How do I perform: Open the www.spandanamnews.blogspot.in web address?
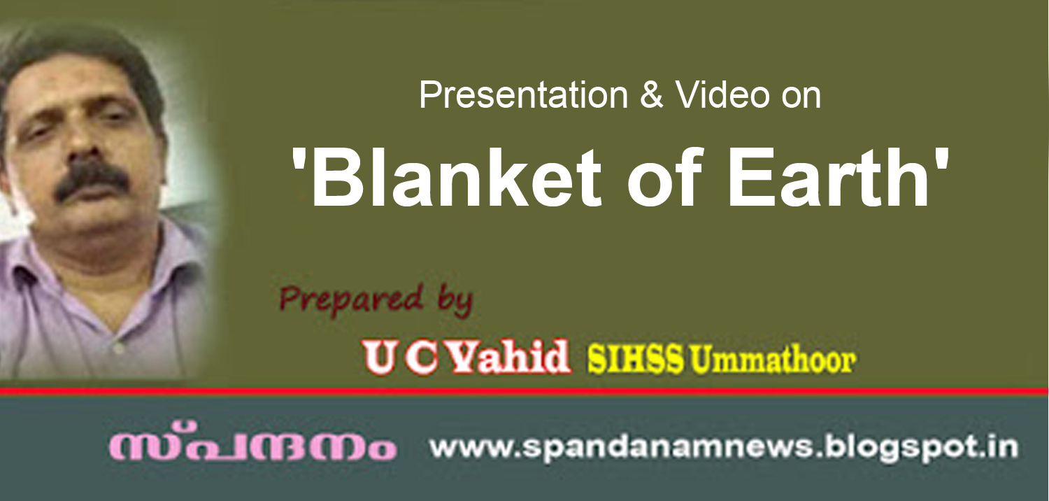[x=723, y=447]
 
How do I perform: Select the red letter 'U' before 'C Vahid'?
[x=380, y=358]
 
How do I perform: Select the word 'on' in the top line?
[x=801, y=95]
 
